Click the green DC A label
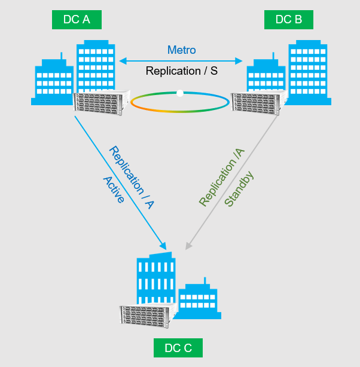[x=77, y=19]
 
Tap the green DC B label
[x=288, y=19]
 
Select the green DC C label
[x=178, y=347]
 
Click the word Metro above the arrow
[x=181, y=50]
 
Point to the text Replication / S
[x=181, y=71]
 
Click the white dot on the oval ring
[x=180, y=93]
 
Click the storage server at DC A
[x=102, y=102]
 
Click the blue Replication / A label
[x=132, y=178]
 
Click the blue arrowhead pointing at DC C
[x=163, y=245]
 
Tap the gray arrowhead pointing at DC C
[x=189, y=244]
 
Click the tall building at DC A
[x=95, y=66]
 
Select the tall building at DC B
[x=309, y=69]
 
